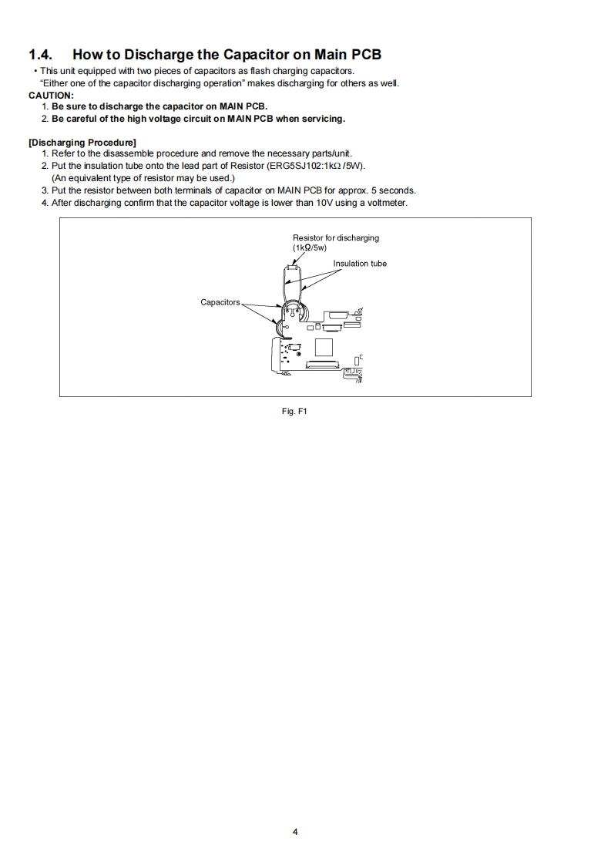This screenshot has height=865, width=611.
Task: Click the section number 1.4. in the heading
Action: [x=42, y=55]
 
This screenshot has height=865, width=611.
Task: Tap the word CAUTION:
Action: [x=51, y=95]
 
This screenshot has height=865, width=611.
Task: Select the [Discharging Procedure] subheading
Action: [x=82, y=142]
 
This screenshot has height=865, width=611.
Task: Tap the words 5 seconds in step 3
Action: [x=394, y=190]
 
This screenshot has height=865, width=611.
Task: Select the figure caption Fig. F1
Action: [x=295, y=411]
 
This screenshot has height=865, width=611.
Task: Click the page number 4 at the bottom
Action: [x=295, y=831]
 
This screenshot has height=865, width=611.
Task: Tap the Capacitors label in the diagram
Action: [x=220, y=302]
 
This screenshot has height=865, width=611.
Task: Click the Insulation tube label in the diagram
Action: [x=360, y=264]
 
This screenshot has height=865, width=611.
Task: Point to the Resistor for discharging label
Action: [x=335, y=237]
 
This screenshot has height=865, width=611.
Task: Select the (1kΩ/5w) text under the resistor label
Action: [x=310, y=247]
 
